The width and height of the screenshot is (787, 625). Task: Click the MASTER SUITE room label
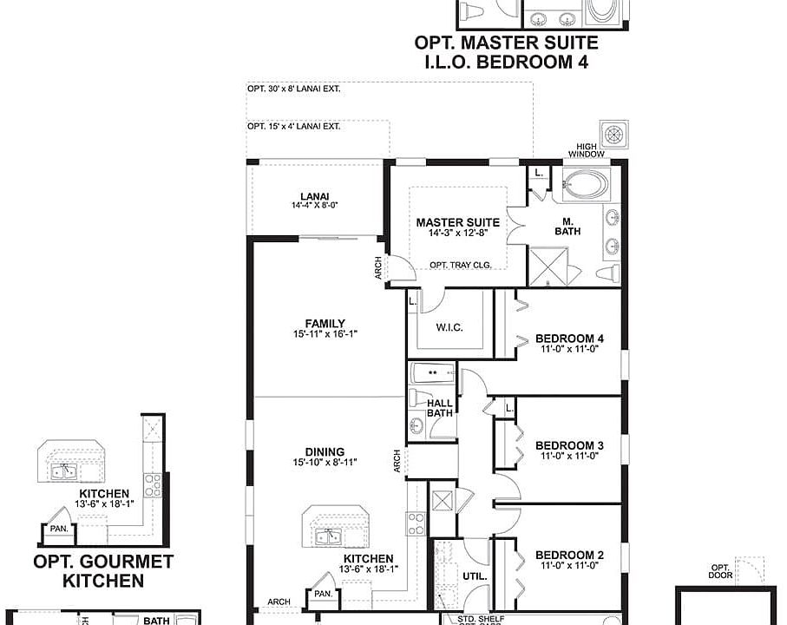457,223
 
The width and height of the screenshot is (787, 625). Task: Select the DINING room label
325,451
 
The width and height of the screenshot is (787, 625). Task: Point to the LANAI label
314,196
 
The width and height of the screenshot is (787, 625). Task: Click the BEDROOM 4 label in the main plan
569,339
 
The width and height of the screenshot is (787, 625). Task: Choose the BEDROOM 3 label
569,446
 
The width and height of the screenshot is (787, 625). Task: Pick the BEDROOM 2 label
569,556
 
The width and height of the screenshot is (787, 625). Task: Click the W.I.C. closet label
450,327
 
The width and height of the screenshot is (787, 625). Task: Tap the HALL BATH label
440,408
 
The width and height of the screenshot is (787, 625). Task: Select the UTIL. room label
476,576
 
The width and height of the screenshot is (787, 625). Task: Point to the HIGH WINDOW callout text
587,149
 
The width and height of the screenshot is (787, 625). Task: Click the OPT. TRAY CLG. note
457,265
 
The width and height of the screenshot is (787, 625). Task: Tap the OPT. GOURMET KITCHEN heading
103,571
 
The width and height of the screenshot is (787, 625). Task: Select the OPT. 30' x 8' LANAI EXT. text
293,89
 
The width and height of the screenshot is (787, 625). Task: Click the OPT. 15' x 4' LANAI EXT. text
293,126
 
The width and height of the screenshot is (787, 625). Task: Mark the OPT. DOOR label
721,570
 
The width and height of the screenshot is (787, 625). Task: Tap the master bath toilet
609,273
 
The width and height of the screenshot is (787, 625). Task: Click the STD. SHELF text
480,619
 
